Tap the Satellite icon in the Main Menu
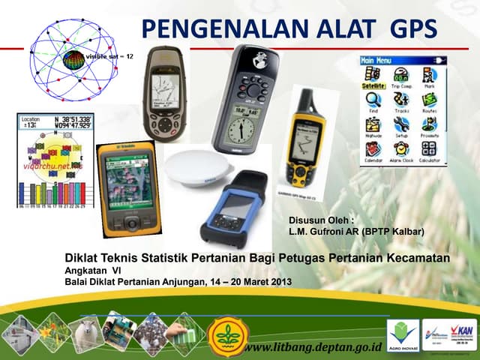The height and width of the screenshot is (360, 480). [371, 78]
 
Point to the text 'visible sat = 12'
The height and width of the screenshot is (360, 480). [109, 57]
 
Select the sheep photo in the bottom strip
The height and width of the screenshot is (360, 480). [85, 334]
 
